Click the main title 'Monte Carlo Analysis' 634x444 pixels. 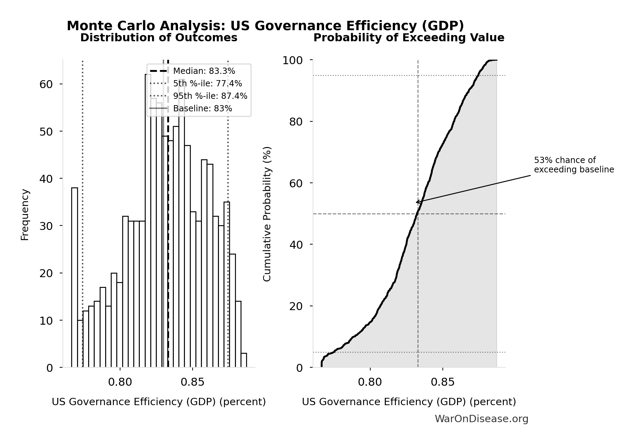[265, 26]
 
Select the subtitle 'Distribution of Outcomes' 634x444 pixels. [159, 37]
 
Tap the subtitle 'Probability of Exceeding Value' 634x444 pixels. [409, 37]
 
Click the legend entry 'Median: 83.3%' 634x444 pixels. [204, 71]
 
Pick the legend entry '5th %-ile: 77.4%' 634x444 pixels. [207, 84]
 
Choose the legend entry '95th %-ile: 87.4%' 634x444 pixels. [210, 96]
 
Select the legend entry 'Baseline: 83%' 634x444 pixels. [202, 109]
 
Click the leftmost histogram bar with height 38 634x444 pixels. [75, 277]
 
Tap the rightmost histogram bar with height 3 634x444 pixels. [244, 360]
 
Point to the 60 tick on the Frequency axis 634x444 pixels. [46, 84]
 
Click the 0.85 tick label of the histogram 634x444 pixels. [193, 382]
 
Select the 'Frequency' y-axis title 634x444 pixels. [25, 214]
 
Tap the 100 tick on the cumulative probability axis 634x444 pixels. [292, 60]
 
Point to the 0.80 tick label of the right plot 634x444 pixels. [370, 382]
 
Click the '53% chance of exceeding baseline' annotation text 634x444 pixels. [574, 165]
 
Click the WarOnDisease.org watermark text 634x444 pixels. [481, 419]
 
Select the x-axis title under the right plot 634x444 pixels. [409, 402]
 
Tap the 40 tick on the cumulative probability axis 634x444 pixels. [296, 245]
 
